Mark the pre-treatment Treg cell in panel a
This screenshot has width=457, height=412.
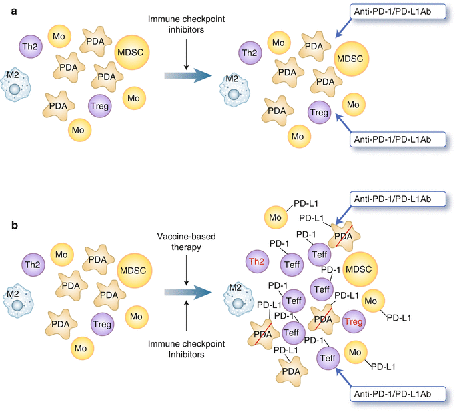click(100, 105)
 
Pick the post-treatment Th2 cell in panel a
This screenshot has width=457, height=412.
click(250, 52)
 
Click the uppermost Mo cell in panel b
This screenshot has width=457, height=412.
click(274, 217)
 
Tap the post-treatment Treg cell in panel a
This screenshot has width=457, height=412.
click(320, 112)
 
